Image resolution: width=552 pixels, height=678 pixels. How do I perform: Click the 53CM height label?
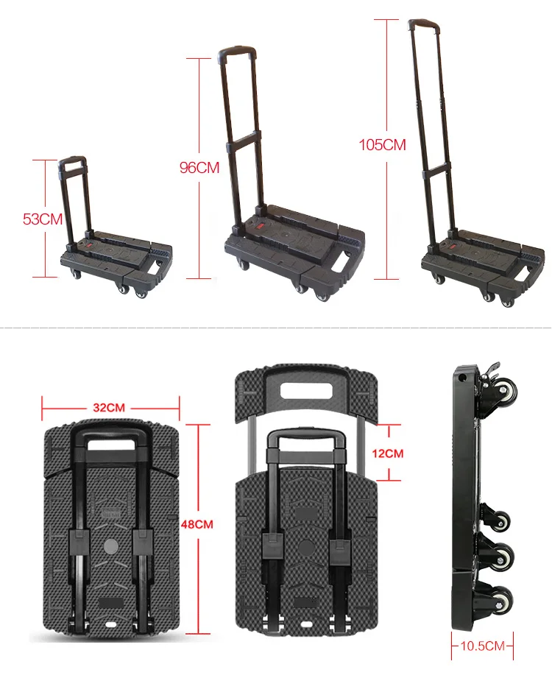click(43, 219)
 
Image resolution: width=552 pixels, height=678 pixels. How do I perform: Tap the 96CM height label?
click(199, 168)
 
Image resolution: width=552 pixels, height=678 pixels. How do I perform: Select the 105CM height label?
click(382, 144)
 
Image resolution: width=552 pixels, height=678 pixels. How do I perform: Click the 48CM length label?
click(197, 524)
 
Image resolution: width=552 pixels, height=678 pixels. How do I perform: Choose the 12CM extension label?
click(389, 453)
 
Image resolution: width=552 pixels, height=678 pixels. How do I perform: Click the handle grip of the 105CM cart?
click(422, 24)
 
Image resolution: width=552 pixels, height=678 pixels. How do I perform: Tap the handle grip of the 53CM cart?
click(72, 159)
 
